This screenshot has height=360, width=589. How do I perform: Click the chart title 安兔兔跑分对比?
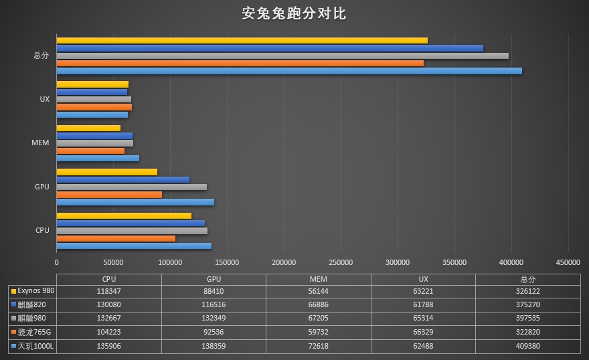tap(294, 13)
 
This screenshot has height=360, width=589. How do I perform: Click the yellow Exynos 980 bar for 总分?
tap(242, 41)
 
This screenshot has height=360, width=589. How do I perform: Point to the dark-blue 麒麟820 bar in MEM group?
tap(94, 136)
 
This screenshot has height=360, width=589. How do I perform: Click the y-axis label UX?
tap(44, 99)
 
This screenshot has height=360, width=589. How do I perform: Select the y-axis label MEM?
tap(40, 143)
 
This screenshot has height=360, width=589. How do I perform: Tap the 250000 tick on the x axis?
tap(341, 263)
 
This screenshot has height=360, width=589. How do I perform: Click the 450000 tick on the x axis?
tap(568, 263)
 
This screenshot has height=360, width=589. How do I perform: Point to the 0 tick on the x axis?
tap(56, 263)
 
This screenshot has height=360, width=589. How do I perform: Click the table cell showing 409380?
tap(528, 345)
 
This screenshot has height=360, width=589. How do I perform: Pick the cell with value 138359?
tap(214, 345)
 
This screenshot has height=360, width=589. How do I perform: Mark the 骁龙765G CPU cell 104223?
tap(109, 332)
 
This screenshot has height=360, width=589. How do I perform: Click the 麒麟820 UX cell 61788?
tap(423, 304)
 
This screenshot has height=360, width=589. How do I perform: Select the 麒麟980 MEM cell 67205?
tap(319, 318)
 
